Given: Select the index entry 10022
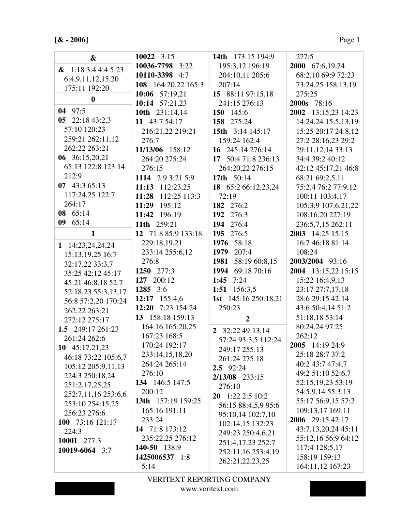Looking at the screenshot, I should click(145, 57).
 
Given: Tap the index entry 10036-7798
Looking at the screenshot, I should click(154, 66).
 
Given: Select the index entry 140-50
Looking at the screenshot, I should click(146, 448).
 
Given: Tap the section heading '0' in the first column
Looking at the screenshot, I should click(93, 99).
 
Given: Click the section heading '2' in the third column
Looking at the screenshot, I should click(247, 319).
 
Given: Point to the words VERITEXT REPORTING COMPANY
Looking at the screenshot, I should click(209, 480).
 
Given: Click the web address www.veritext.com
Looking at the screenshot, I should click(209, 489).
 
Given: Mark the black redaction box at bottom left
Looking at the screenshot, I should click(85, 489).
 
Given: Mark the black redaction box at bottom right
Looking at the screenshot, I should click(338, 488).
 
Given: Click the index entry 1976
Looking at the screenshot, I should click(220, 242).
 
